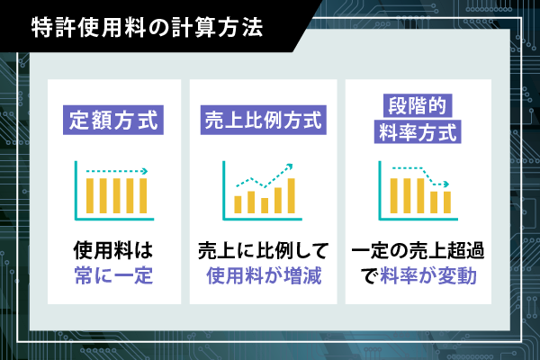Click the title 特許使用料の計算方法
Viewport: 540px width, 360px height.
pos(147,28)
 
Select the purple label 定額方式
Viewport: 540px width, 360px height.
pos(113,120)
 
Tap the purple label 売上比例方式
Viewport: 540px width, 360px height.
pos(264,120)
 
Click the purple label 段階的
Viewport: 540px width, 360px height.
pos(418,106)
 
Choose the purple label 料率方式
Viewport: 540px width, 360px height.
pos(418,131)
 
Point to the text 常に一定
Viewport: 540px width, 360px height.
pos(113,276)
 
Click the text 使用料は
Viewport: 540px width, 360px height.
pos(113,250)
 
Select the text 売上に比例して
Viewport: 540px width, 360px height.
pos(264,250)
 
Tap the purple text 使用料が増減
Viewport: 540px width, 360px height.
pos(264,276)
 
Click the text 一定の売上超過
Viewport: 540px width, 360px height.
pos(418,250)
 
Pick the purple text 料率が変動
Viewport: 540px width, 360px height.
pos(428,276)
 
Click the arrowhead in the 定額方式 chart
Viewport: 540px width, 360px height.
pos(145,171)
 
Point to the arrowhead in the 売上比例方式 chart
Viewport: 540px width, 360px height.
pos(289,166)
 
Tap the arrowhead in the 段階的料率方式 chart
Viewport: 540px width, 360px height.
pos(446,184)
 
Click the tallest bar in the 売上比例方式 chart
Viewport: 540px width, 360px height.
pos(291,195)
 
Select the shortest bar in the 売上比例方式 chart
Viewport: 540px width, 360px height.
pos(265,206)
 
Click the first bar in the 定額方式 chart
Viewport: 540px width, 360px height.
pos(90,195)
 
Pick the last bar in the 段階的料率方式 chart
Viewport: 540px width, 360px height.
pos(447,202)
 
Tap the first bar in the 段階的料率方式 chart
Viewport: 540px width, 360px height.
pos(394,195)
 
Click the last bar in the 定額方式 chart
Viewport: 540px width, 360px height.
pos(143,195)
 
